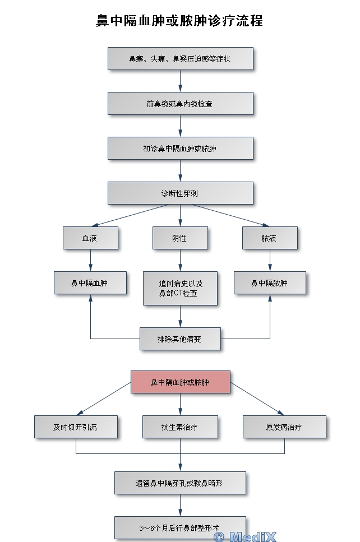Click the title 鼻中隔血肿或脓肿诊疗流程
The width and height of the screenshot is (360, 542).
click(x=179, y=21)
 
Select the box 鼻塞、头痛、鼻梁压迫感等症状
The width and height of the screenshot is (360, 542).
click(x=180, y=59)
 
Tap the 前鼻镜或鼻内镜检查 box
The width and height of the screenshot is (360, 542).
click(x=180, y=104)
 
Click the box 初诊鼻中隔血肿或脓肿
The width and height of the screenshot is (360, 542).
click(x=180, y=149)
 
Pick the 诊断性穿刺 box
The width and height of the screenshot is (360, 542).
click(x=180, y=193)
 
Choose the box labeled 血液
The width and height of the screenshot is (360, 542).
click(x=90, y=238)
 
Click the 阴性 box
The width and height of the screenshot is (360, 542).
click(x=180, y=238)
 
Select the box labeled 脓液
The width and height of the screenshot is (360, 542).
click(x=270, y=238)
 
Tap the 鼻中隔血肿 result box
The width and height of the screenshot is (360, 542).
click(x=90, y=283)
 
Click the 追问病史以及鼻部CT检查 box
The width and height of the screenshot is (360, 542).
click(x=180, y=288)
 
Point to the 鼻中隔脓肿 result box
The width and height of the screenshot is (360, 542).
click(x=270, y=283)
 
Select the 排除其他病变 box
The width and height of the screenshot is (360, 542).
click(x=180, y=339)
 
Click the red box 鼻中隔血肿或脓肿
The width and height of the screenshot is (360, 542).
click(x=180, y=382)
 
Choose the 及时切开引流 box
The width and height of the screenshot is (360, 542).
click(x=76, y=427)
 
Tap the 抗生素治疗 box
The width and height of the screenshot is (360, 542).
click(x=180, y=427)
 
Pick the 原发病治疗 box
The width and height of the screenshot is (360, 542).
click(x=284, y=427)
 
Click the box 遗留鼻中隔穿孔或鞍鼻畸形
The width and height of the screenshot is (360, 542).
click(x=180, y=483)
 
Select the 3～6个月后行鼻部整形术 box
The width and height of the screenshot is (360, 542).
click(x=180, y=527)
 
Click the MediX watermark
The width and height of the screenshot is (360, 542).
click(x=245, y=536)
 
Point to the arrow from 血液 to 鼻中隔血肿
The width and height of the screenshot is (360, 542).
click(x=90, y=261)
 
